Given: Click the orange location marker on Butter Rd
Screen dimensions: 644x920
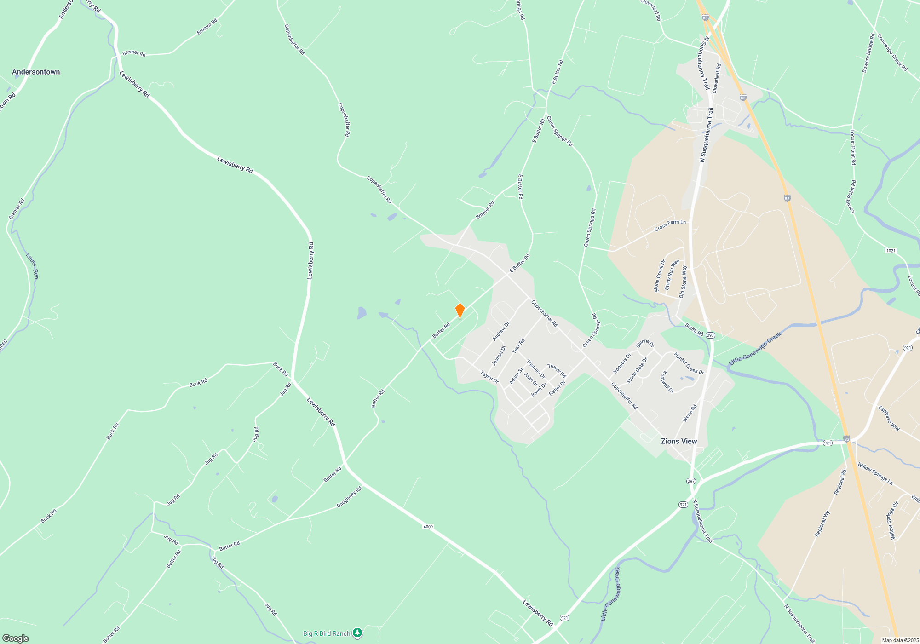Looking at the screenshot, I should click(x=460, y=310).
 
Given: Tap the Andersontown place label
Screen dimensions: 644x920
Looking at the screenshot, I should click(x=36, y=72).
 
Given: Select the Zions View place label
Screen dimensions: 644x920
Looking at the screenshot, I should click(x=678, y=441).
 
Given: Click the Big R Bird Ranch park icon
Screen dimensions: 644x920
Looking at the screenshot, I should click(x=357, y=633).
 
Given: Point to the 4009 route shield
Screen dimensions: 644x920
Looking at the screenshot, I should click(x=428, y=527).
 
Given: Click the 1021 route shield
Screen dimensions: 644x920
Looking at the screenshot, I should click(x=891, y=251).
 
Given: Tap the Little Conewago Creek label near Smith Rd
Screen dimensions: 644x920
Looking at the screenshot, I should click(x=755, y=349).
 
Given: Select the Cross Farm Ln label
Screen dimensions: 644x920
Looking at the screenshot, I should click(x=670, y=225).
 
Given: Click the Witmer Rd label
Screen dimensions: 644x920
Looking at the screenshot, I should click(x=485, y=210).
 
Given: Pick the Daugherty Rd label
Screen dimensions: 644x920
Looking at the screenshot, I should click(x=349, y=497).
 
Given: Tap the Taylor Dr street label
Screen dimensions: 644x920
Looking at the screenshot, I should click(x=489, y=377).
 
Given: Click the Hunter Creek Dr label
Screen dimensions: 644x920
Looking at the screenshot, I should click(x=689, y=363).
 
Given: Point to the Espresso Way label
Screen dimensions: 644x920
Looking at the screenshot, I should click(x=889, y=418).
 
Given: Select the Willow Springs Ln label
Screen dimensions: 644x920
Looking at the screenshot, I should click(x=875, y=474).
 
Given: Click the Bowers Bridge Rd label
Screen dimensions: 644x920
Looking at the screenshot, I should click(x=868, y=53).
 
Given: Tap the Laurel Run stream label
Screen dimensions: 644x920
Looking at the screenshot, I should click(x=32, y=266).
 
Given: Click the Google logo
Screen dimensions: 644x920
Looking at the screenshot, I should click(x=16, y=638).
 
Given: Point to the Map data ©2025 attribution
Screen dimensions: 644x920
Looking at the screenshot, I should click(x=900, y=640).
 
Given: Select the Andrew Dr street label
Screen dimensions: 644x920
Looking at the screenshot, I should click(x=501, y=331).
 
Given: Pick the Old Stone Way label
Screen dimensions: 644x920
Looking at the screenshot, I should click(x=683, y=282).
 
